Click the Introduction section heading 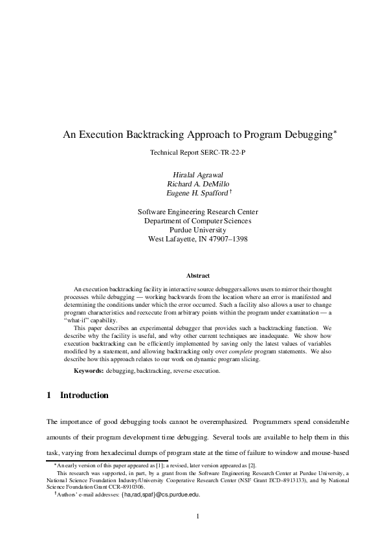pyautogui.click(x=84, y=395)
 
